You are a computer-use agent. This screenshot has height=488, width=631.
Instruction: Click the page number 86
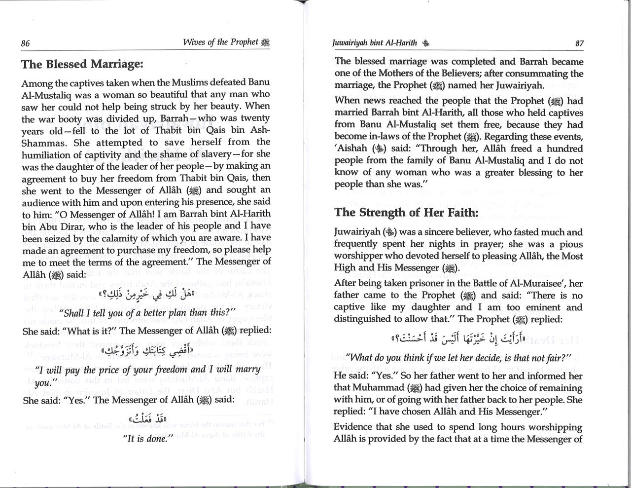click(x=26, y=43)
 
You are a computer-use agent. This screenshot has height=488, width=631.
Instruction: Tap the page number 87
click(x=579, y=43)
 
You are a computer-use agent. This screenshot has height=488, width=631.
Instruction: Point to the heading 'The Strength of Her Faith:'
click(x=406, y=213)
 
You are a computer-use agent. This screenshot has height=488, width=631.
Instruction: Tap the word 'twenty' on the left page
click(x=254, y=118)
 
